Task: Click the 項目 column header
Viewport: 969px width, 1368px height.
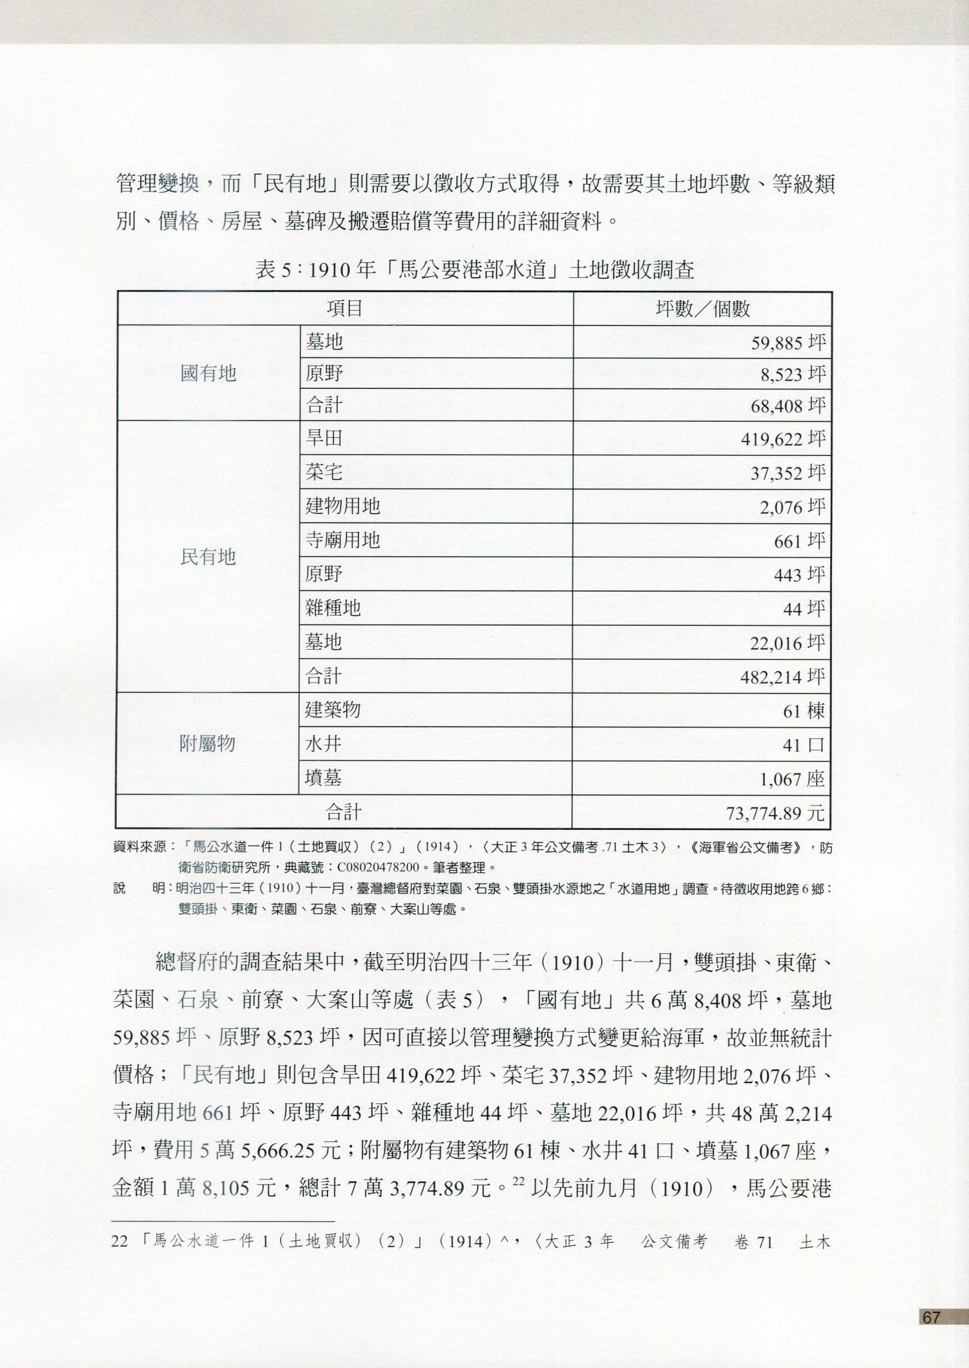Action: [x=345, y=309]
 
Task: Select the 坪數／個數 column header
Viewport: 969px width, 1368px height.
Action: [x=702, y=309]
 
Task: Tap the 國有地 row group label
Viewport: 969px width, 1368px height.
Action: [x=208, y=373]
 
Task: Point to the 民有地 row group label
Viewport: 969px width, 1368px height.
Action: [x=208, y=557]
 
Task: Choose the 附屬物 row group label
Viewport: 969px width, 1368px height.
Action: [x=207, y=744]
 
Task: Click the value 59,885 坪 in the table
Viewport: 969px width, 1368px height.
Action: [x=787, y=342]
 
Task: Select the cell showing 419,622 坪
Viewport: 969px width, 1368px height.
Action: [x=782, y=440]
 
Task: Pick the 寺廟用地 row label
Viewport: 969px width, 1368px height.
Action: [x=342, y=540]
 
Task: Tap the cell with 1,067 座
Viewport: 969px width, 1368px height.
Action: [x=792, y=779]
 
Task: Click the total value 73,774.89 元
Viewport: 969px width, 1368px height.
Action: [x=775, y=813]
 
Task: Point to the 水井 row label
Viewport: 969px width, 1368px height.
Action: [x=323, y=745]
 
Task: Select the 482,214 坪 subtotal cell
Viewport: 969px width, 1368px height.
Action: [x=782, y=677]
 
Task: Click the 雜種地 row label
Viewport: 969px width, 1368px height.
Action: [x=333, y=608]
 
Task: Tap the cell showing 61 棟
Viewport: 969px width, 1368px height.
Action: [x=804, y=711]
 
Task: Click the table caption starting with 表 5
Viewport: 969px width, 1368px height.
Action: [x=475, y=269]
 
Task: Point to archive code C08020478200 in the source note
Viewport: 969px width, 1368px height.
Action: [x=378, y=867]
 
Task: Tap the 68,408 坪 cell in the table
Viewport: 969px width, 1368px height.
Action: [x=787, y=406]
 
